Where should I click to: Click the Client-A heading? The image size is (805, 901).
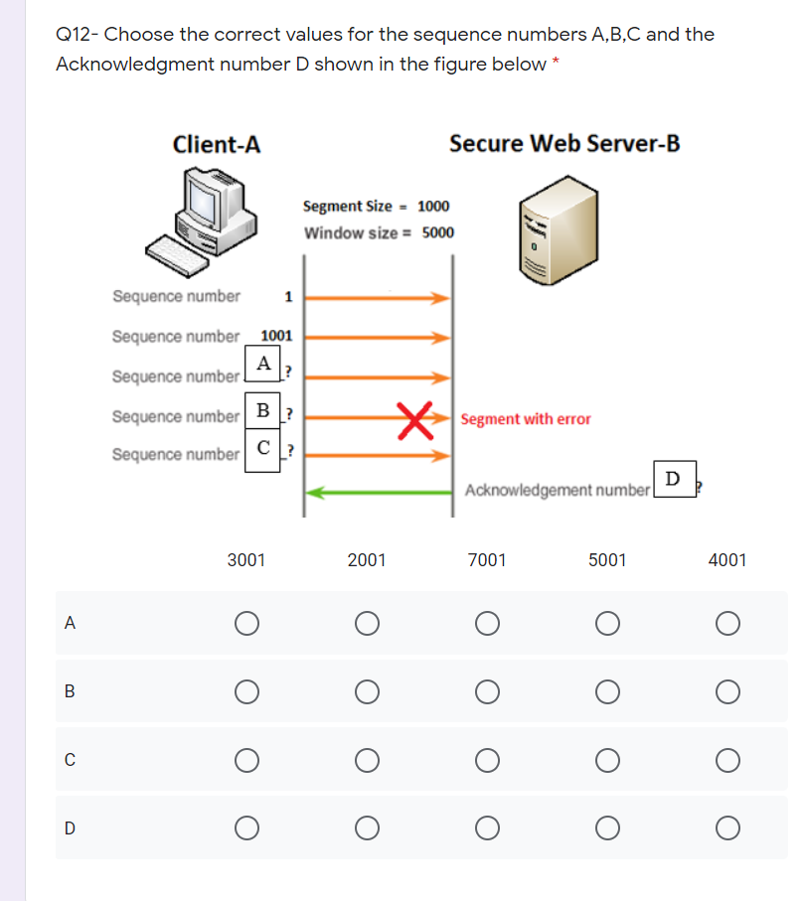[217, 144]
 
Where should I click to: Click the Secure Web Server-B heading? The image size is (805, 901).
[564, 143]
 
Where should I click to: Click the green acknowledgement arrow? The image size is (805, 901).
[378, 491]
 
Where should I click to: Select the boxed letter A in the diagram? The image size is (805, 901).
[263, 364]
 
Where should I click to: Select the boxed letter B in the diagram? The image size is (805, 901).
[261, 410]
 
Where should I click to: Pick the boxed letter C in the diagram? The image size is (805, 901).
[261, 448]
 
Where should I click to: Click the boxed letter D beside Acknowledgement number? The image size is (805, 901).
[673, 479]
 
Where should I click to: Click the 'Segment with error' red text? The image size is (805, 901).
[526, 419]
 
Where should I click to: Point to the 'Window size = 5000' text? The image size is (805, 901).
[379, 233]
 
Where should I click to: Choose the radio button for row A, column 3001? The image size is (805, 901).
[246, 623]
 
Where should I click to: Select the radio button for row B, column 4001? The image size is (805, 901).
[727, 691]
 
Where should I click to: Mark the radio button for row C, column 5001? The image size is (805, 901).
[607, 760]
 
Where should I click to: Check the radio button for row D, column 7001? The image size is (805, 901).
[487, 827]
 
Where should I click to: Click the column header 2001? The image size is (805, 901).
[367, 560]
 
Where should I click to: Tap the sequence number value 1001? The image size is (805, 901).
[275, 336]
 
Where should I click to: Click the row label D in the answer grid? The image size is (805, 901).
[69, 827]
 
